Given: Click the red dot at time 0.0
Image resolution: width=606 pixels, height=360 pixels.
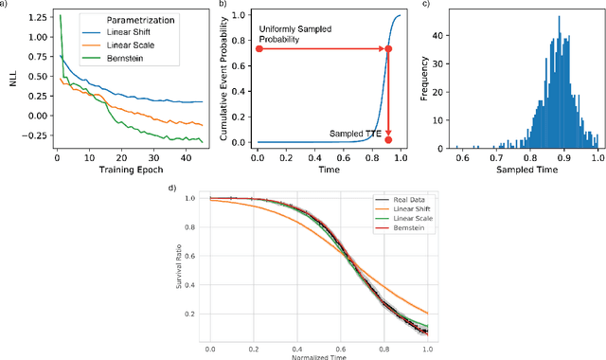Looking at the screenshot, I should tap(258, 48).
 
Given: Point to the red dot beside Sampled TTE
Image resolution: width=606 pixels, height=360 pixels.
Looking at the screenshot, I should tap(388, 139).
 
